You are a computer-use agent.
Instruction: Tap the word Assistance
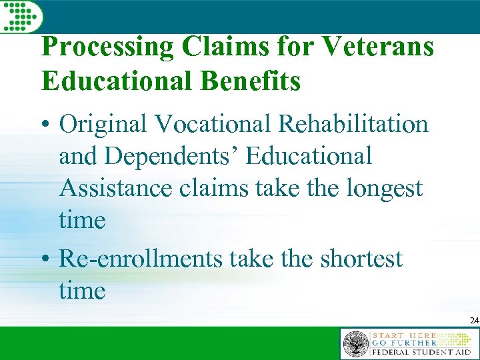pos(116,188)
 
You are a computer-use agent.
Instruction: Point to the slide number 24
pos(474,321)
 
